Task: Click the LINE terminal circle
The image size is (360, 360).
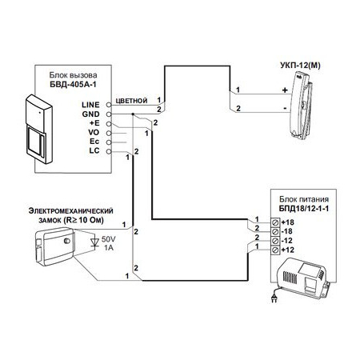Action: pyautogui.click(x=109, y=105)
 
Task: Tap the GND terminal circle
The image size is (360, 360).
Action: pyautogui.click(x=109, y=114)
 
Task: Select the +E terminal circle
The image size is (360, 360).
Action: pyautogui.click(x=109, y=124)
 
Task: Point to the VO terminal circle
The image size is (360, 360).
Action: pyautogui.click(x=109, y=133)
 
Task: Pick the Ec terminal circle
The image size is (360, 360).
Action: pyautogui.click(x=109, y=142)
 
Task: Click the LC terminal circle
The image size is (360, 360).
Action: pyautogui.click(x=109, y=151)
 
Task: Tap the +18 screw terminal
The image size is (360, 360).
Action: pyautogui.click(x=275, y=222)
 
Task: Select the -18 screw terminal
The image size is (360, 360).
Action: pyautogui.click(x=275, y=231)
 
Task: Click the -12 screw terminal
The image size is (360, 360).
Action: pyautogui.click(x=275, y=241)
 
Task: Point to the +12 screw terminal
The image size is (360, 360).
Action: pyautogui.click(x=275, y=250)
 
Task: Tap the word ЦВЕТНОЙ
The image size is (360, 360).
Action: pyautogui.click(x=131, y=101)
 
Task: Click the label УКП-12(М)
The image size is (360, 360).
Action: pyautogui.click(x=300, y=66)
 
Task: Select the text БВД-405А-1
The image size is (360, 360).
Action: pyautogui.click(x=73, y=85)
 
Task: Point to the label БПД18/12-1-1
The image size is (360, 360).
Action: pyautogui.click(x=304, y=209)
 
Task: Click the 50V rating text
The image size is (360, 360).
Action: pyautogui.click(x=109, y=238)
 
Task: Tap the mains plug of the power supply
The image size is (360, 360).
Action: pyautogui.click(x=274, y=298)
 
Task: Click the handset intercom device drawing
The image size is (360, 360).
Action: pyautogui.click(x=302, y=106)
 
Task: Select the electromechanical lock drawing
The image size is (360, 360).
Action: pyautogui.click(x=55, y=246)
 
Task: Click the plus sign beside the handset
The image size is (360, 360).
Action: pyautogui.click(x=285, y=90)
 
